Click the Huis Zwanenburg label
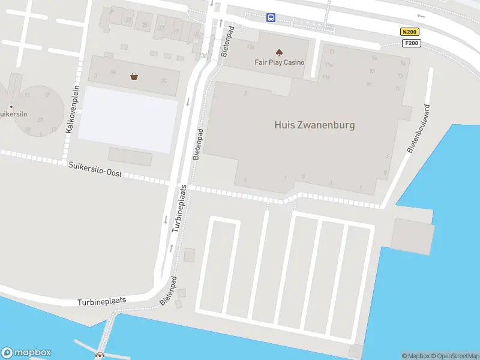point(314,125)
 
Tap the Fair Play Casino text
point(280,62)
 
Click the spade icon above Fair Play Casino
point(280,52)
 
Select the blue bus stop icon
point(271,17)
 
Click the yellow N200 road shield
point(410,32)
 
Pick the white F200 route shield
point(412,43)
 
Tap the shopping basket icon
point(134,76)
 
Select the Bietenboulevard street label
point(419,130)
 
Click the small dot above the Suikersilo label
point(11,107)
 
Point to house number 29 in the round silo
point(40,119)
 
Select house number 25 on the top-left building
point(145,25)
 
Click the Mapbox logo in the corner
point(26,353)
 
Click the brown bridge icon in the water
point(100,355)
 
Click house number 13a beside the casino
point(250,47)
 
